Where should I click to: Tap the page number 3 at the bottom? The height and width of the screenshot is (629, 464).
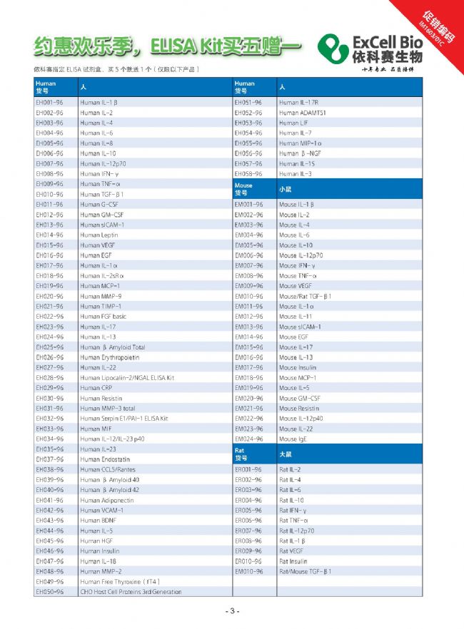pyautogui.click(x=231, y=611)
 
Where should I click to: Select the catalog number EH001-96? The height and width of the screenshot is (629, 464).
pyautogui.click(x=49, y=102)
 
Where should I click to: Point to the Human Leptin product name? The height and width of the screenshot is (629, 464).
pyautogui.click(x=99, y=235)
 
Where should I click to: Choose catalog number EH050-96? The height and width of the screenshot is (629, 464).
pyautogui.click(x=49, y=592)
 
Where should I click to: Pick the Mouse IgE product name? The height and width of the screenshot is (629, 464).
pyautogui.click(x=293, y=439)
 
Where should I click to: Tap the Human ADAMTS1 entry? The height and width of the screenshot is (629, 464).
pyautogui.click(x=303, y=113)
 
